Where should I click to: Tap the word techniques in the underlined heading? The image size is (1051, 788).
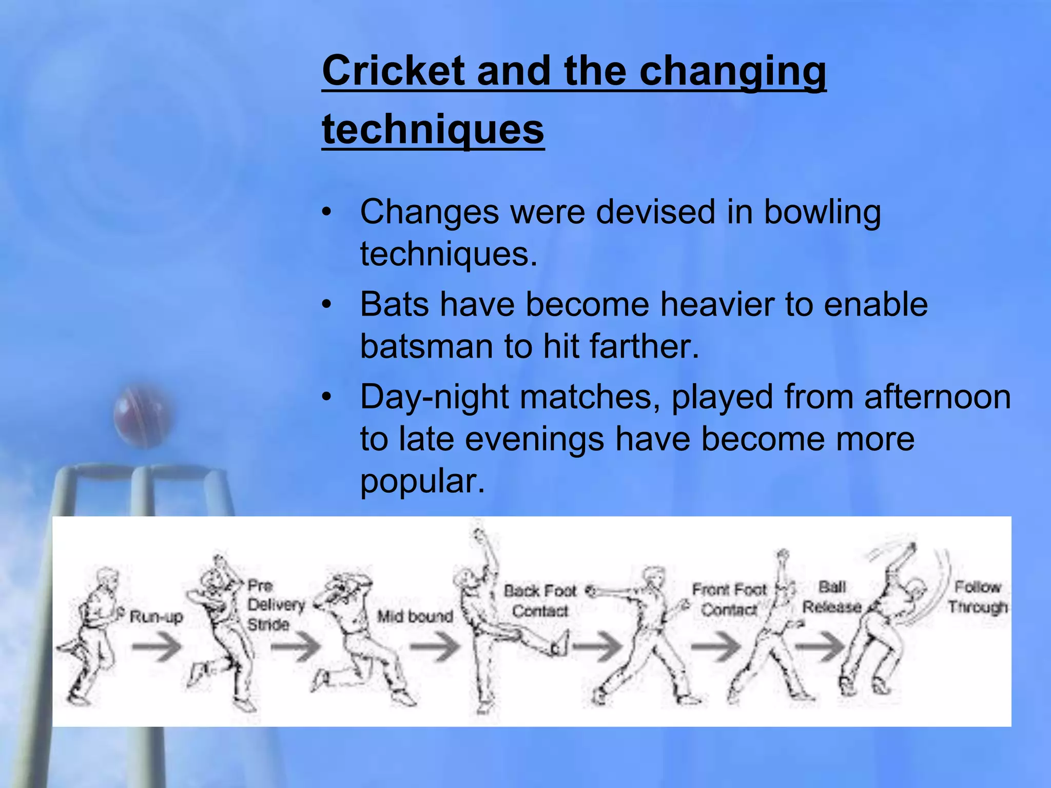433,129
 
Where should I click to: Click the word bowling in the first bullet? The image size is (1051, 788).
822,212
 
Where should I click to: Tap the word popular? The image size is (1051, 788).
422,481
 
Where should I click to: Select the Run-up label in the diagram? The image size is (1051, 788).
156,616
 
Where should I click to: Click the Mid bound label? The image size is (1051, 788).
415,616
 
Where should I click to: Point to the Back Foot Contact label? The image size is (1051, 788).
540,601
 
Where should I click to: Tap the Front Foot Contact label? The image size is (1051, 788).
729,600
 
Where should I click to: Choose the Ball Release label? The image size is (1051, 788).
832,597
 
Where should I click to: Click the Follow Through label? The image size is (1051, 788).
978,597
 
